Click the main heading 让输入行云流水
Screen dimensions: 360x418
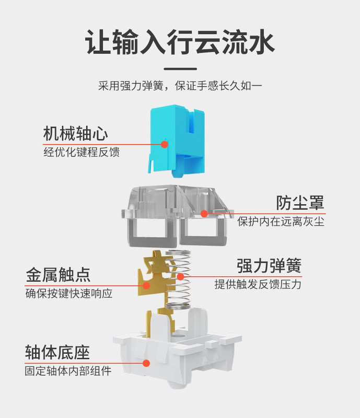[x=180, y=42]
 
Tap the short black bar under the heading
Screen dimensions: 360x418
[x=180, y=68]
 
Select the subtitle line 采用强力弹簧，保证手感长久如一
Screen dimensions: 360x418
[x=180, y=86]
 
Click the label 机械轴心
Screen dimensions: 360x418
[x=76, y=134]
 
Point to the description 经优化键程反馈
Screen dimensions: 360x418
[x=81, y=153]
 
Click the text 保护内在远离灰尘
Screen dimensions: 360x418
[x=281, y=222]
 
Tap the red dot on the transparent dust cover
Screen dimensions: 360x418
[x=204, y=213]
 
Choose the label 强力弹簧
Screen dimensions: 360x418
[x=269, y=266]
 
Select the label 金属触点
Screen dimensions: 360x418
[x=58, y=274]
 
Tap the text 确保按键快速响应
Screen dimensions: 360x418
[x=69, y=293]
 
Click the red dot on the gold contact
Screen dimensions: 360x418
[x=147, y=286]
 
